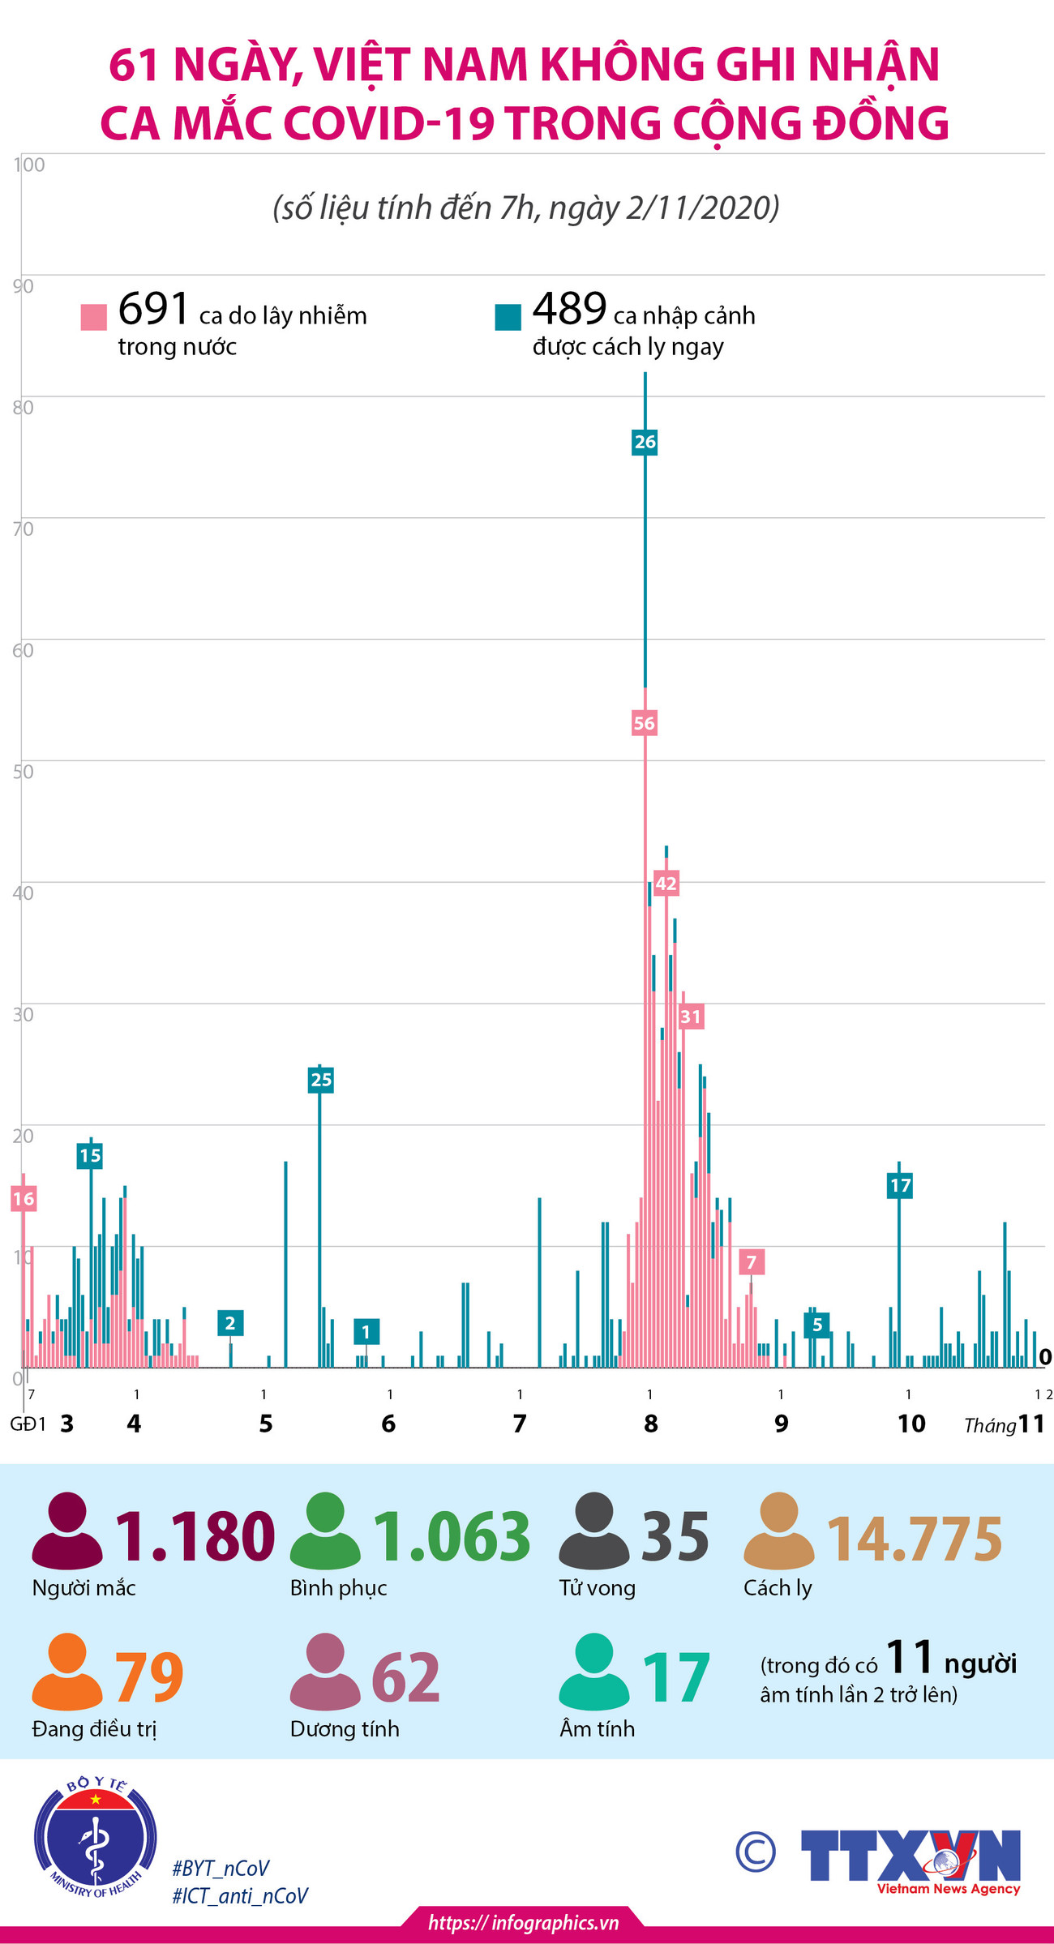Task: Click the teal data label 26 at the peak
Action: pyautogui.click(x=645, y=442)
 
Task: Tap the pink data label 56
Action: pyautogui.click(x=644, y=723)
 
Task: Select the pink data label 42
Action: pyautogui.click(x=666, y=884)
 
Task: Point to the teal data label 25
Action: pyautogui.click(x=321, y=1080)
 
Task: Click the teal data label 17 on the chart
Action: pyautogui.click(x=900, y=1186)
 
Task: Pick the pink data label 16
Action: pyautogui.click(x=24, y=1199)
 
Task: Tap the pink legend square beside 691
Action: pyautogui.click(x=94, y=317)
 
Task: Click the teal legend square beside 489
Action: pyautogui.click(x=508, y=317)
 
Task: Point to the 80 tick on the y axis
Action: pyautogui.click(x=23, y=408)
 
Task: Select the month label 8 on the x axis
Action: pyautogui.click(x=651, y=1424)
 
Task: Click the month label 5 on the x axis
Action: pyautogui.click(x=266, y=1424)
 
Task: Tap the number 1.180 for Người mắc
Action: pyautogui.click(x=195, y=1537)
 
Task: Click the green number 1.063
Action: pyautogui.click(x=451, y=1537)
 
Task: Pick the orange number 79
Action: pyautogui.click(x=148, y=1678)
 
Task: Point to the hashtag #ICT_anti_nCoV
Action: pyautogui.click(x=240, y=1896)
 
